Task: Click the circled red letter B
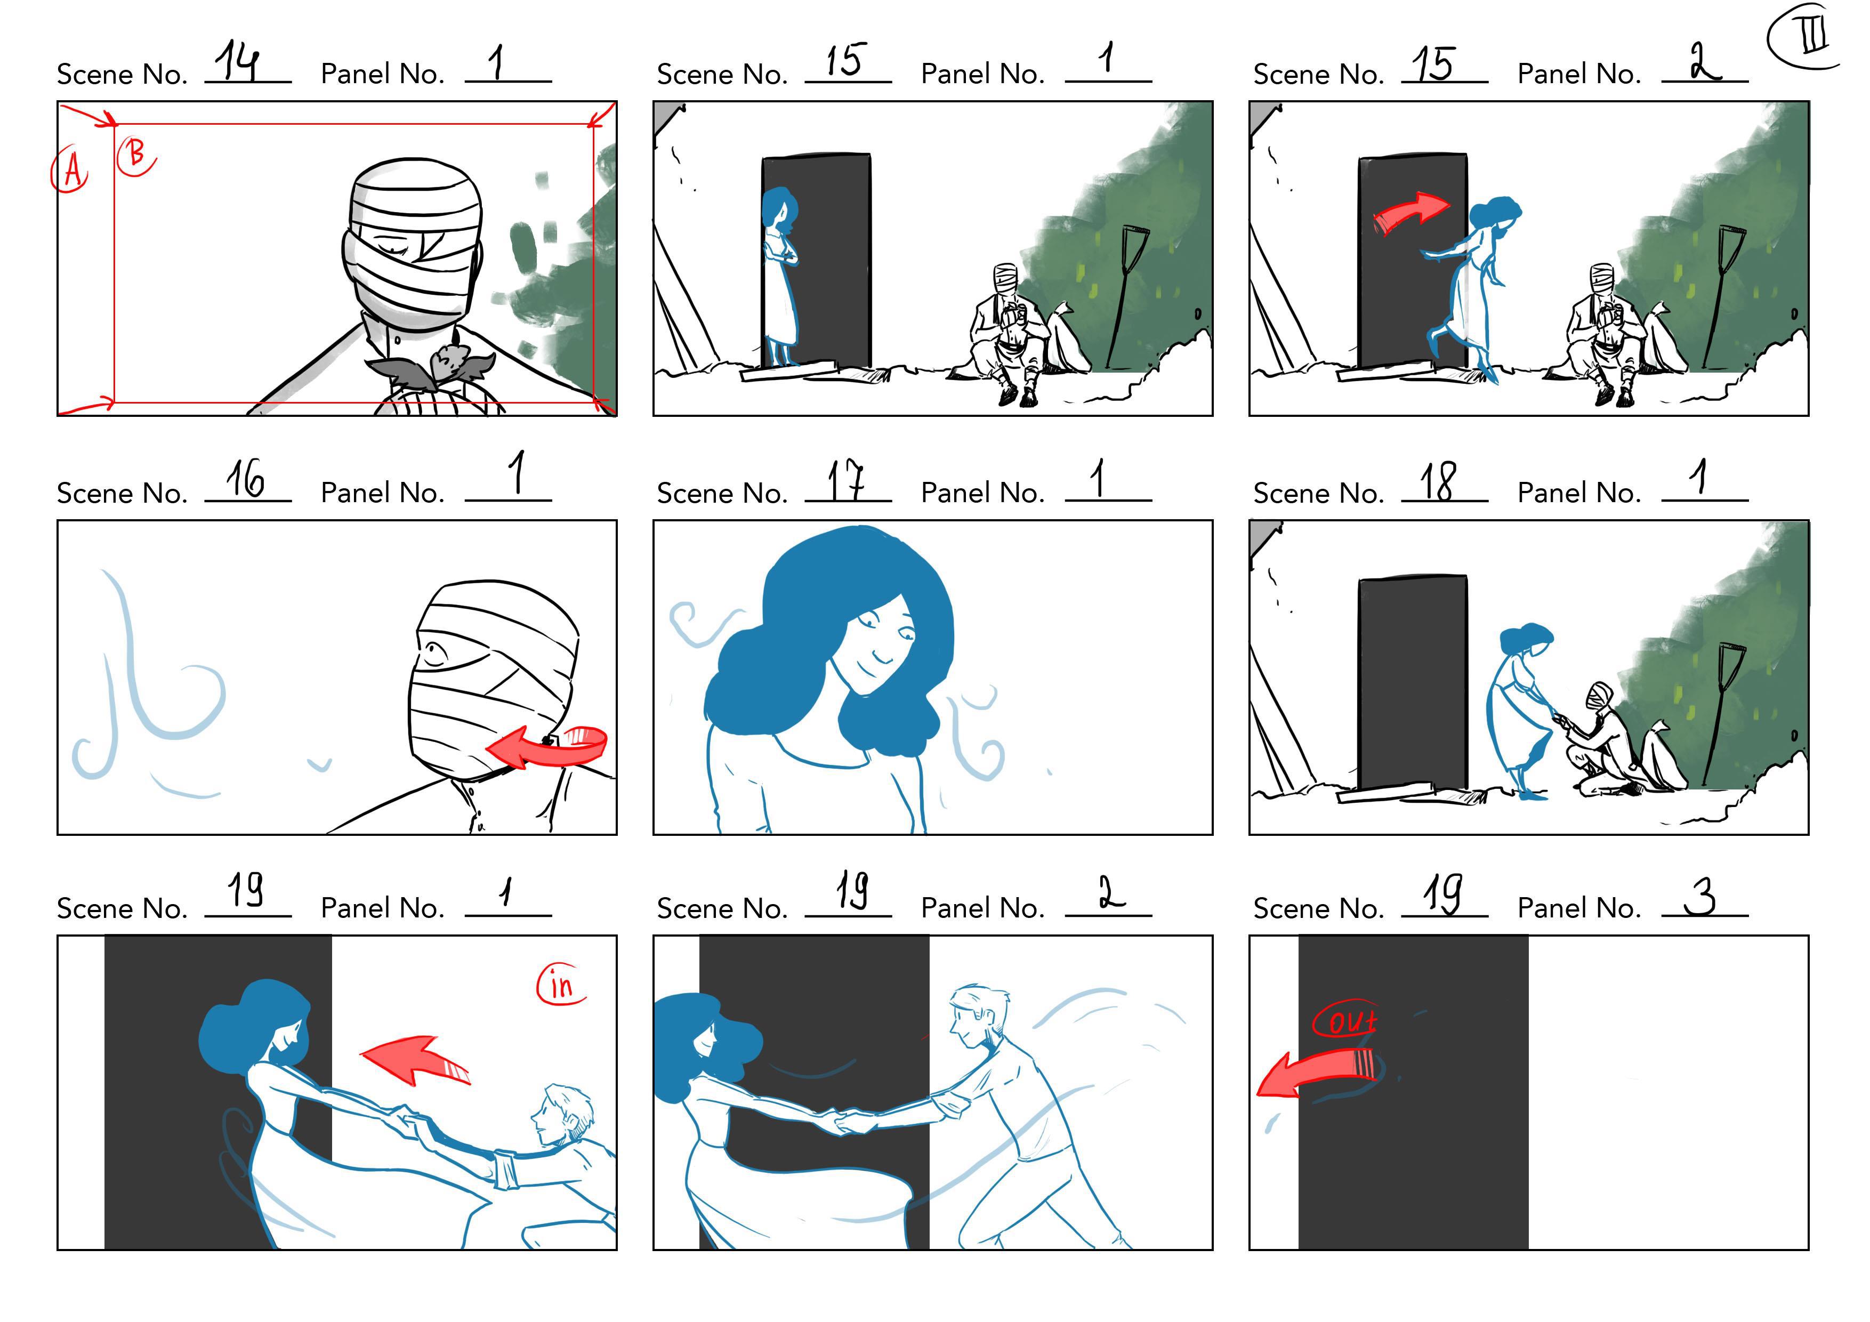coord(136,155)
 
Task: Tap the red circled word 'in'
coord(561,985)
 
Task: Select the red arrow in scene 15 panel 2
coord(1412,213)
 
